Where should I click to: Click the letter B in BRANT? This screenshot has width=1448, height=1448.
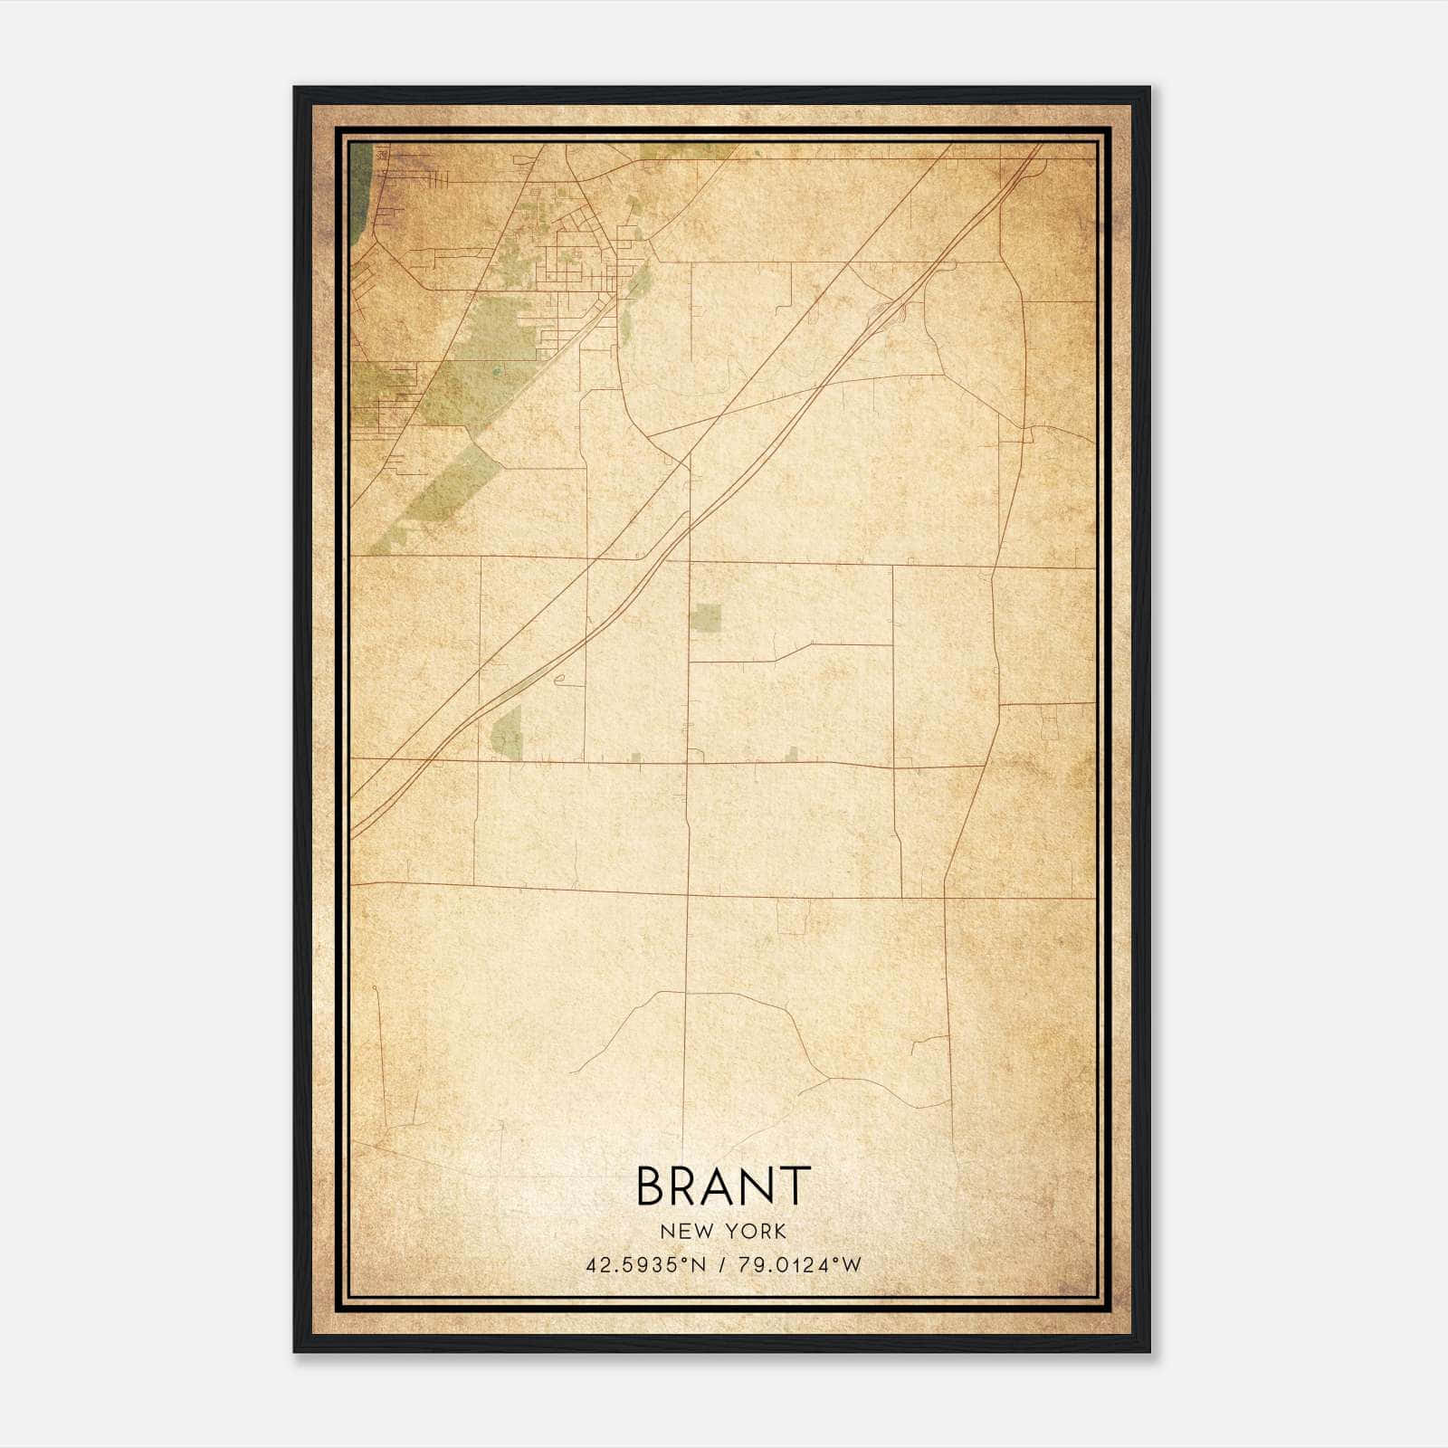coord(654,1186)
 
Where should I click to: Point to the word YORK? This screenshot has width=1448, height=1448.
coord(753,1231)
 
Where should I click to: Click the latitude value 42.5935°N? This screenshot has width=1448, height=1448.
coord(644,1265)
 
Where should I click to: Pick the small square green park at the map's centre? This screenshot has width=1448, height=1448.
coord(706,617)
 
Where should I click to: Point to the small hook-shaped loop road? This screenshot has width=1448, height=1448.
coord(559,681)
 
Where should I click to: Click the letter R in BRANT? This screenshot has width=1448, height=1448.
coord(688,1186)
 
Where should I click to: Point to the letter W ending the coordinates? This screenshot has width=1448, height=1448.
coord(851,1265)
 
